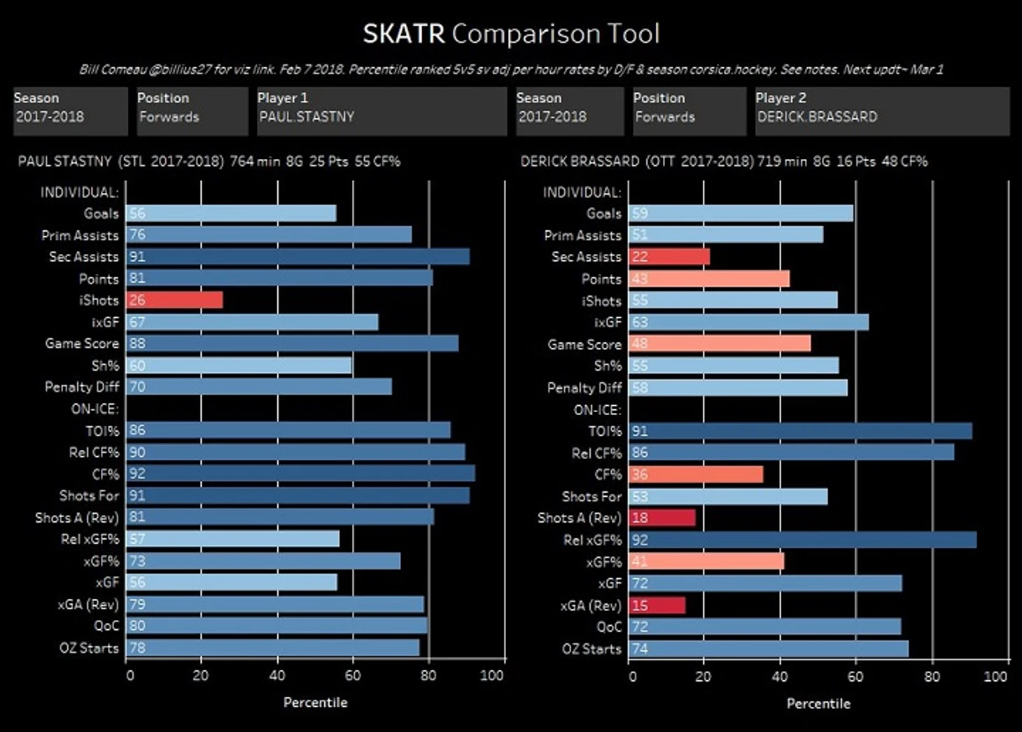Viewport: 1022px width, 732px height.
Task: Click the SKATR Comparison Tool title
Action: [511, 34]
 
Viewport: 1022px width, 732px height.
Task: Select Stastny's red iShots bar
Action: [175, 300]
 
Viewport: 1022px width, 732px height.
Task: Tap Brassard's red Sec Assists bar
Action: [670, 257]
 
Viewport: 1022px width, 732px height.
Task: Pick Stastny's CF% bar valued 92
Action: [301, 474]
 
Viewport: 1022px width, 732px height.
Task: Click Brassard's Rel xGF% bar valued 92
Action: [803, 540]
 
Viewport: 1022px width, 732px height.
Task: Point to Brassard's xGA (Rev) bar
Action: [657, 605]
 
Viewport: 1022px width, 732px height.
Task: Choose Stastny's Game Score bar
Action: [293, 344]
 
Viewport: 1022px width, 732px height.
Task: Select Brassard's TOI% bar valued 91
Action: [801, 431]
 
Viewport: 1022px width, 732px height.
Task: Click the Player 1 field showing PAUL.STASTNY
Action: [381, 111]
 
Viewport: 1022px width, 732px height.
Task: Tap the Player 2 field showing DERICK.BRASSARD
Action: [881, 111]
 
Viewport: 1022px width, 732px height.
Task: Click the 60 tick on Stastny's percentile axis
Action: [353, 675]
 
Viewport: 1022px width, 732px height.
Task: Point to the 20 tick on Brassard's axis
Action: [703, 677]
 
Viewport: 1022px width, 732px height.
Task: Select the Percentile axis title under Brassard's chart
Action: [818, 703]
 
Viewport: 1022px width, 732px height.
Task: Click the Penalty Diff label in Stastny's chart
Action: [82, 387]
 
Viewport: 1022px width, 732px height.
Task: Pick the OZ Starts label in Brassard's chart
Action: [591, 649]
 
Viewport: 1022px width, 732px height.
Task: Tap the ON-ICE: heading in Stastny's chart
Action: [95, 409]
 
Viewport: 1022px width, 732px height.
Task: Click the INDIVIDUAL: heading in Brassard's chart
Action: [582, 192]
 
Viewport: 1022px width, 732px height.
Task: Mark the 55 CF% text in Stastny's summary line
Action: [377, 162]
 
